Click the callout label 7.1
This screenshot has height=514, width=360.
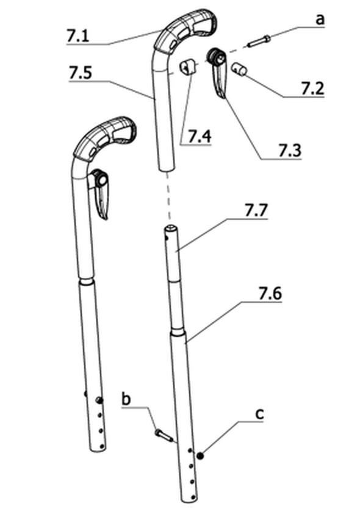[77, 35]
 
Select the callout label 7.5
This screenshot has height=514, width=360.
[81, 73]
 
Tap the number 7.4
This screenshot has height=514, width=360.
[200, 136]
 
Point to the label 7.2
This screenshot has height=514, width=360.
[312, 89]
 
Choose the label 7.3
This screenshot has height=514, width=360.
[290, 151]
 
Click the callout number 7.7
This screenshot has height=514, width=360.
[256, 211]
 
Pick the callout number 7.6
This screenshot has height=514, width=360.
[270, 294]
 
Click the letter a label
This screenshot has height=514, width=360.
[320, 20]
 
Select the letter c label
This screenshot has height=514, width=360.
[259, 414]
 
